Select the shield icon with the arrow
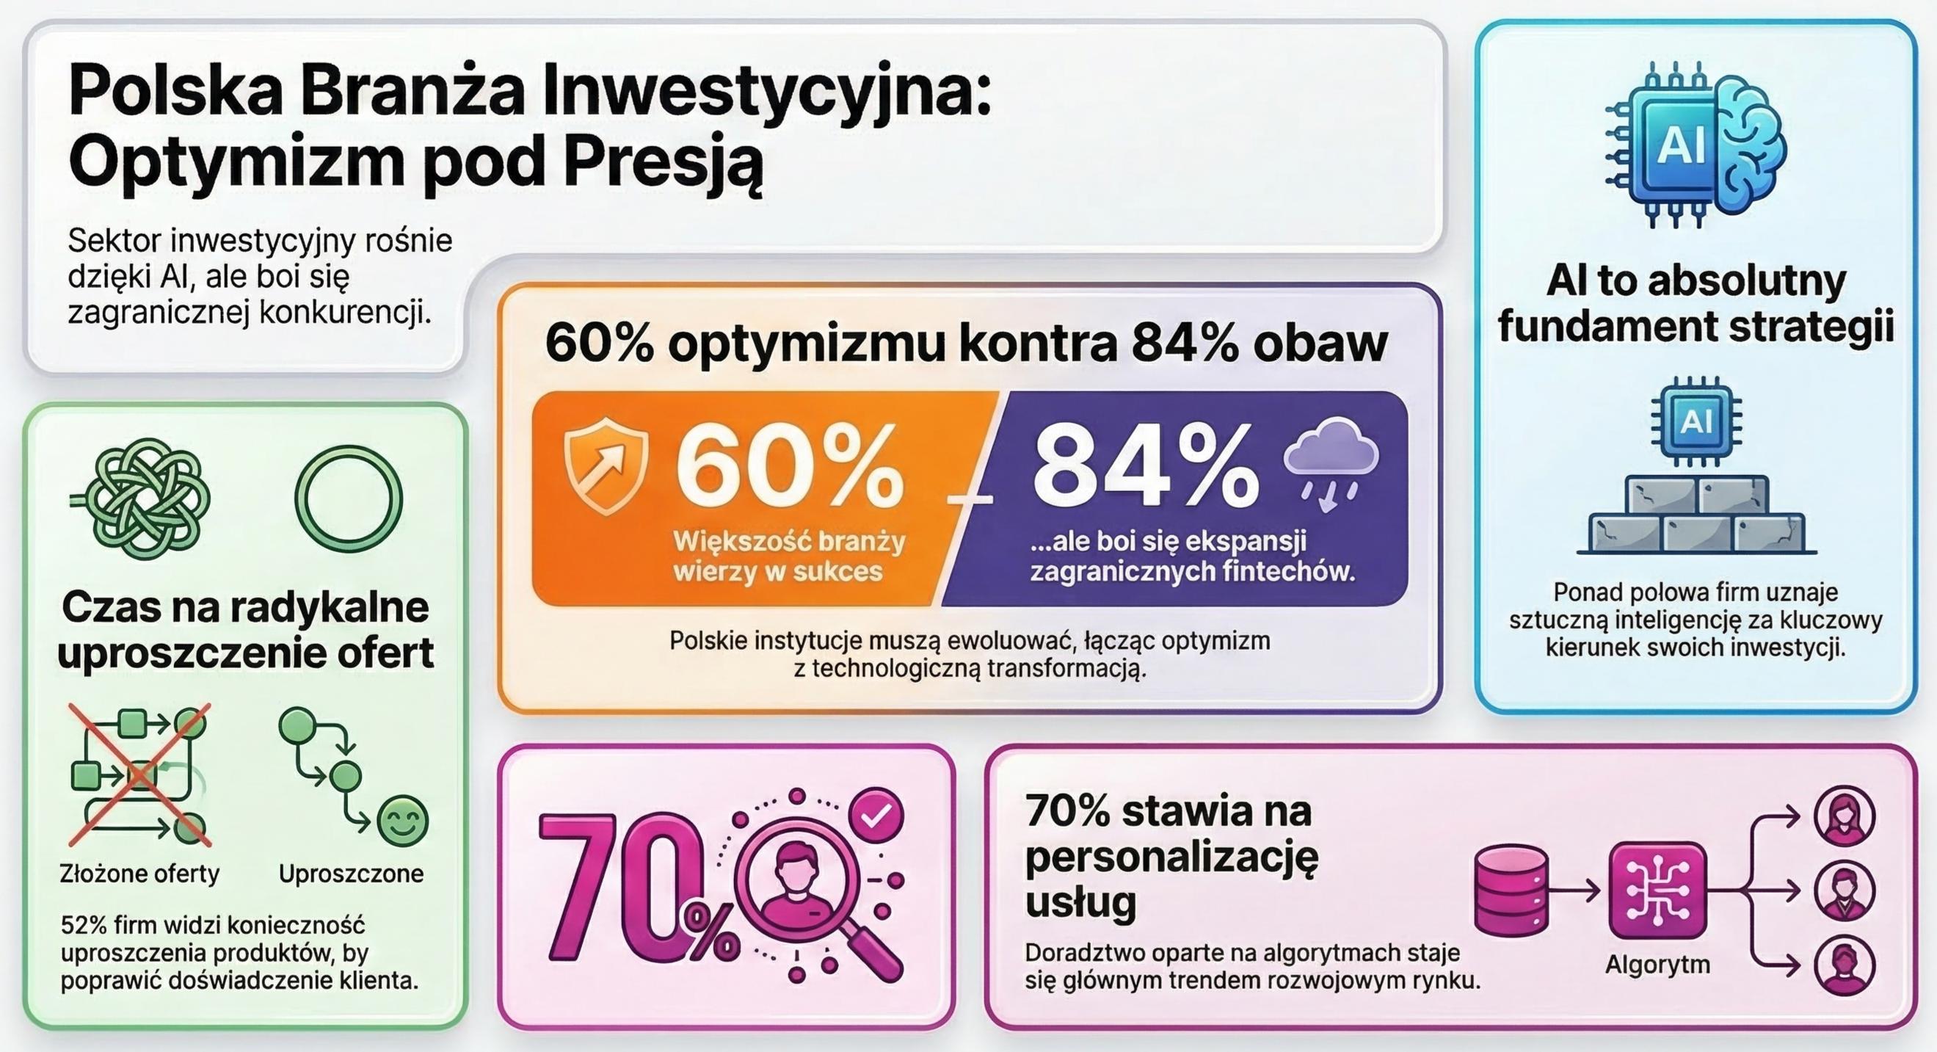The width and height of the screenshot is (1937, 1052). tap(606, 471)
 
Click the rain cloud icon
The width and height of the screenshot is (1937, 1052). tap(1331, 466)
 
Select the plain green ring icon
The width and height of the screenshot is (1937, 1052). tap(349, 498)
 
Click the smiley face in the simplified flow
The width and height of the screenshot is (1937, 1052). tap(403, 821)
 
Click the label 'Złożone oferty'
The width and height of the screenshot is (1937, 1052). tap(140, 874)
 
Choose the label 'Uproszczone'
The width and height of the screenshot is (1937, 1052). tap(351, 874)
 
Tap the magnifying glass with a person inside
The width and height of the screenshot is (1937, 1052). tap(797, 888)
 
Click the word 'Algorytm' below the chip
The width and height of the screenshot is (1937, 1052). tap(1657, 964)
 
